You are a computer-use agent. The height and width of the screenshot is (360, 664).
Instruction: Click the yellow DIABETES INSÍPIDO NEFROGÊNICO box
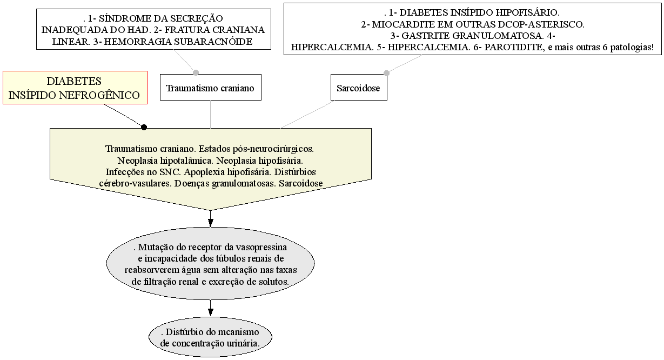(x=75, y=88)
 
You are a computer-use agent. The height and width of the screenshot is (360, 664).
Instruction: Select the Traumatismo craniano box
(x=210, y=88)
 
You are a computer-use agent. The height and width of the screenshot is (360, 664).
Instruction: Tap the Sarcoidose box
(x=359, y=88)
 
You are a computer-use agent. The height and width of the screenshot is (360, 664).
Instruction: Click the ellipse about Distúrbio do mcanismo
(x=210, y=337)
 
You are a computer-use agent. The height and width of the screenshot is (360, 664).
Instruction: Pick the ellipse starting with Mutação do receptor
(x=210, y=264)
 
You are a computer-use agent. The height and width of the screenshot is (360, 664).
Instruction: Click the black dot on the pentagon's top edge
(x=144, y=127)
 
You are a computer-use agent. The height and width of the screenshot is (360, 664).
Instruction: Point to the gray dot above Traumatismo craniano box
(x=196, y=72)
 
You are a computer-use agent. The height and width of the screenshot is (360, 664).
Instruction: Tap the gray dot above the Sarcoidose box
(x=386, y=72)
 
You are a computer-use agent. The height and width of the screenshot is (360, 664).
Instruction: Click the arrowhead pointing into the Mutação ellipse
(x=210, y=222)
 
